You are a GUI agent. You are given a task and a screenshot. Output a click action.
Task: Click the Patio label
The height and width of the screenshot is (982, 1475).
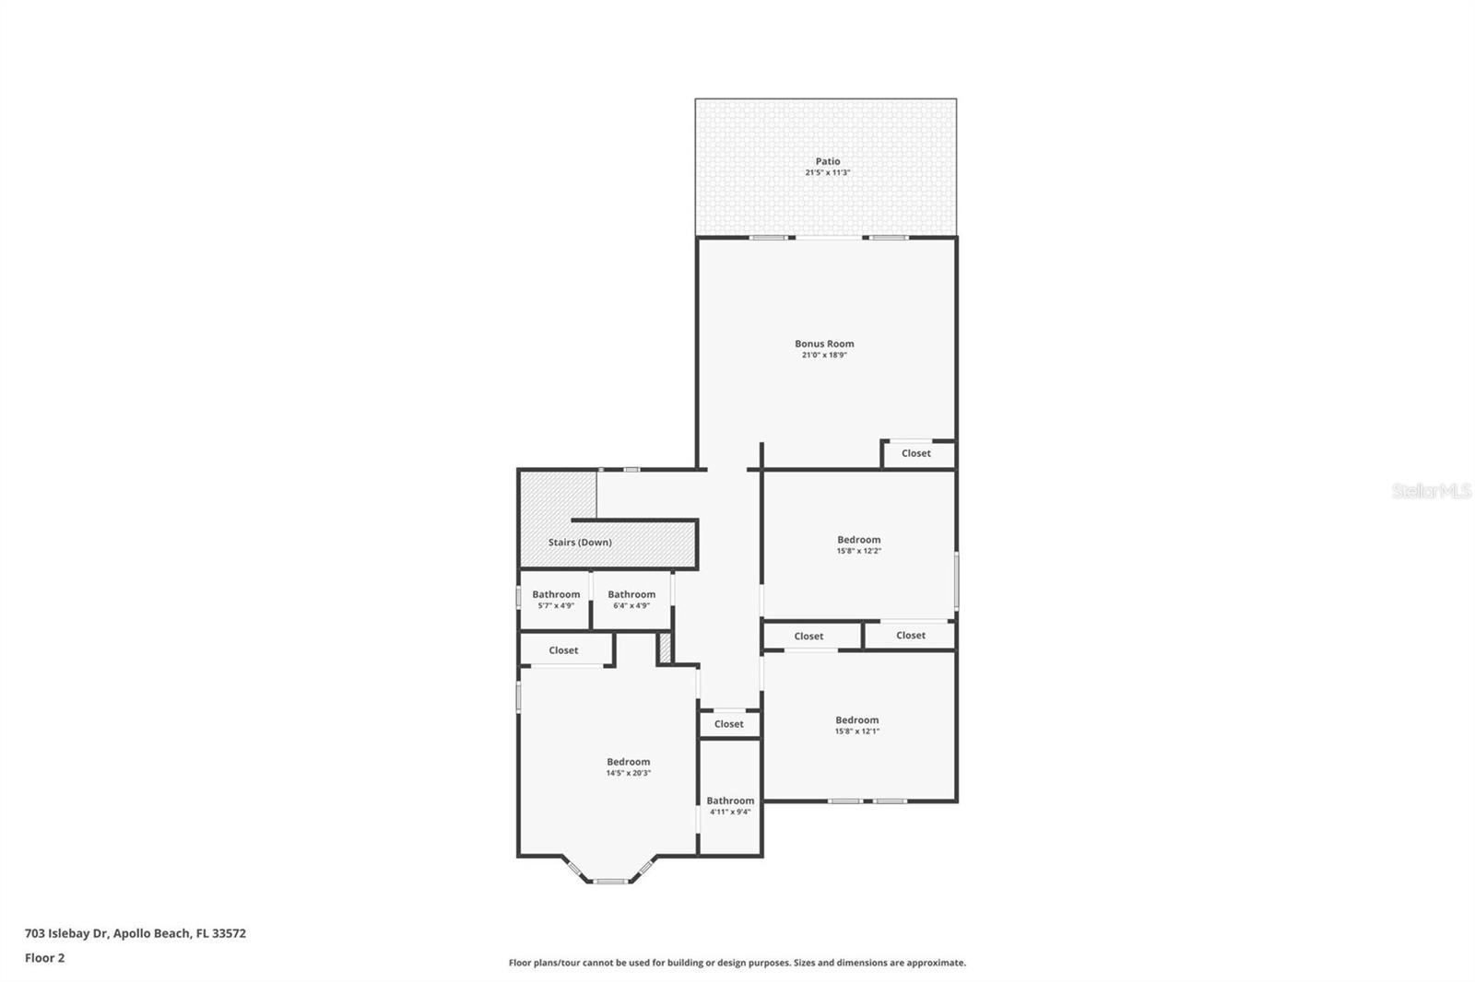[x=827, y=161]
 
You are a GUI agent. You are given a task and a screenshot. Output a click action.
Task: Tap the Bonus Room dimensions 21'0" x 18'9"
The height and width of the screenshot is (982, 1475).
[x=824, y=355]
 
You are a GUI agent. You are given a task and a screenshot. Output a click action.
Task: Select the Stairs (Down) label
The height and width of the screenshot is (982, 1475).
[x=580, y=543]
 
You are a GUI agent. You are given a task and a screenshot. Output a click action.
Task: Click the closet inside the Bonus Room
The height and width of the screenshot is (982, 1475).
[x=915, y=453]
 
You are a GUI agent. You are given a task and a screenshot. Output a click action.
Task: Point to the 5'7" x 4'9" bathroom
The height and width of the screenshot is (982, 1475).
[x=556, y=600]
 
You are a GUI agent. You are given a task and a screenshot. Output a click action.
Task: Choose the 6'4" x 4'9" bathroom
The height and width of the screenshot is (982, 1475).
[x=631, y=600]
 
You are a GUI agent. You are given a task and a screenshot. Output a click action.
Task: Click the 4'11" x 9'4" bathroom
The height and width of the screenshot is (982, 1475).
[x=730, y=806]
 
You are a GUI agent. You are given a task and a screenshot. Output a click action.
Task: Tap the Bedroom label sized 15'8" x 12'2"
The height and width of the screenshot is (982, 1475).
[x=858, y=540]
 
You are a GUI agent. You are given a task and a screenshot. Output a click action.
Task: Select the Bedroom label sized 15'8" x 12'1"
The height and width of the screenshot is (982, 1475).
[x=856, y=720]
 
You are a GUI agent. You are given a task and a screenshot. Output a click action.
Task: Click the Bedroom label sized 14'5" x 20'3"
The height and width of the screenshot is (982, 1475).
[x=628, y=762]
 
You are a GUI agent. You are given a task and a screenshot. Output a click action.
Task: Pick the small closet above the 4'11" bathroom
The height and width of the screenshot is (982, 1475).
[x=728, y=724]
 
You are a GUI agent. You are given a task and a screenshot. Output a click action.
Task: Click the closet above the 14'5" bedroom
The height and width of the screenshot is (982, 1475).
[x=563, y=650]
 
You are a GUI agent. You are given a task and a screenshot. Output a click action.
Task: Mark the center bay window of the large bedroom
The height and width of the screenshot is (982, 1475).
[x=609, y=882]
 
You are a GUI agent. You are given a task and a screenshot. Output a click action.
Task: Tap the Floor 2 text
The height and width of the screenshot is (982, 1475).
[x=44, y=958]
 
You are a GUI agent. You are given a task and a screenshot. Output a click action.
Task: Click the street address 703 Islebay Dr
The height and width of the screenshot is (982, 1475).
[x=66, y=933]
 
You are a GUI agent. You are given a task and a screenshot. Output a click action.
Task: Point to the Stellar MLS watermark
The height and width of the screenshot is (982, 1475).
[x=1431, y=492]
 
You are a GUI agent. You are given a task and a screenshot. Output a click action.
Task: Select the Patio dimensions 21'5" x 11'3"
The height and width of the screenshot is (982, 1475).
[x=827, y=173]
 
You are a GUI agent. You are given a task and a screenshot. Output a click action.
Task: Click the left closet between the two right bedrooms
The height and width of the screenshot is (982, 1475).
[x=808, y=637]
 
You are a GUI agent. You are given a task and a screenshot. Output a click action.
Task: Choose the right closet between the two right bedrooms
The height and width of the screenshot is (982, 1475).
[x=910, y=636]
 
